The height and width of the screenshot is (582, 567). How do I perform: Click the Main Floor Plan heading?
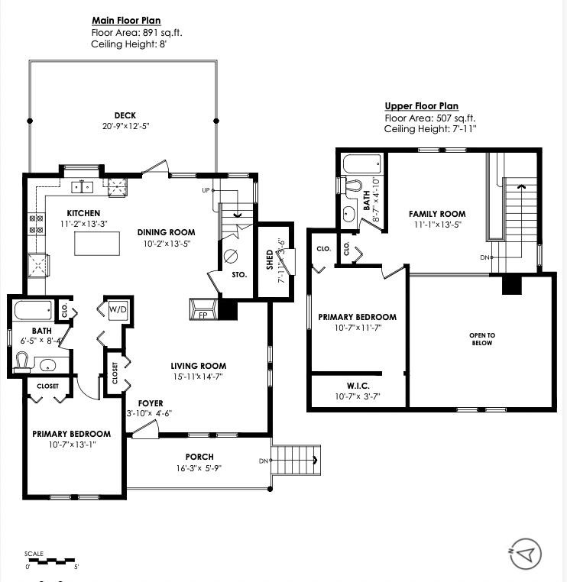pos(126,21)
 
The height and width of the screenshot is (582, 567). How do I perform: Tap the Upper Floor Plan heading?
pos(421,106)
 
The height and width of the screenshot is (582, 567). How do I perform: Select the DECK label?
pos(125,115)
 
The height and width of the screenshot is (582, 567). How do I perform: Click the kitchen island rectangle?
pos(98,244)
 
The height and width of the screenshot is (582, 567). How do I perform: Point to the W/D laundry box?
pos(117,309)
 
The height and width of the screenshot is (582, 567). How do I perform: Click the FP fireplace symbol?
pos(202,314)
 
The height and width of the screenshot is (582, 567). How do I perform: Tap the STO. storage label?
pos(239,274)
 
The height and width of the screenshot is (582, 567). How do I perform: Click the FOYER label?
pos(150,403)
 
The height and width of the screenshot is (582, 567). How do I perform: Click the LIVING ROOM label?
pos(198,366)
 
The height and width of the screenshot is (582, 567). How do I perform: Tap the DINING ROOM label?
pos(166,232)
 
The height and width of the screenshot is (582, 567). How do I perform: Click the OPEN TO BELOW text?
pos(482,339)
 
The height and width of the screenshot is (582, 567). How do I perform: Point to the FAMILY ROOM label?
pos(436,214)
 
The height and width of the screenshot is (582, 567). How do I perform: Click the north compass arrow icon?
pos(526,553)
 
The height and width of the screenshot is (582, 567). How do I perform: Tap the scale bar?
pos(51,561)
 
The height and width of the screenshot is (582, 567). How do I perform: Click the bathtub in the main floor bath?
pos(33,310)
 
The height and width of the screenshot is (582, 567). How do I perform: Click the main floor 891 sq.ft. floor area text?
pos(137,33)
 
